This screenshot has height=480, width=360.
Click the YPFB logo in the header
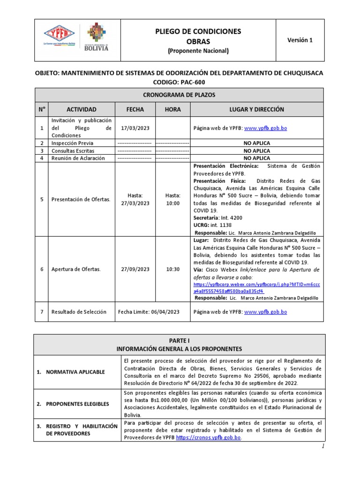(59, 35)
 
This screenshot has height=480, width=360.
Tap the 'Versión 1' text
(300, 40)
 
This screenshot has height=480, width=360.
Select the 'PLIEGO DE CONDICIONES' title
(198, 31)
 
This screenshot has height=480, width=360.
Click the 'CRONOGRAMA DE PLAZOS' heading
(180, 95)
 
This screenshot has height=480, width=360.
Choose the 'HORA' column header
(172, 109)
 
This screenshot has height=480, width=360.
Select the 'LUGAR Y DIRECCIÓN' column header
(256, 109)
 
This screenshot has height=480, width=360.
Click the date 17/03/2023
(135, 127)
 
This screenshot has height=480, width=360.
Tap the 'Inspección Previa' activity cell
(73, 143)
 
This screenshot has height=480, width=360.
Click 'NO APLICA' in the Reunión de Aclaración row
(256, 158)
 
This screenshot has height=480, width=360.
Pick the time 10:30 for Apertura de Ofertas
(172, 269)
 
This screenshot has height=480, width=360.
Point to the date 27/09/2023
(135, 269)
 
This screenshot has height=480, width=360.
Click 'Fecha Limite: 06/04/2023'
(149, 312)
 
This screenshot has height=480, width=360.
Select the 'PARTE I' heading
(180, 341)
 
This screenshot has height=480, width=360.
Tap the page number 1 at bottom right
(322, 447)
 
